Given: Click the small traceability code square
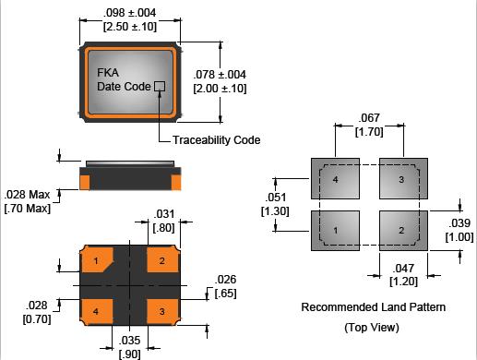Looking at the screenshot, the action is (x=160, y=86).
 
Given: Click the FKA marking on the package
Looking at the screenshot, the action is (x=108, y=73).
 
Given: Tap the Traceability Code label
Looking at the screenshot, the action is (x=217, y=140).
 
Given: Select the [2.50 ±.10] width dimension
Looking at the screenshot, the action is (x=130, y=27).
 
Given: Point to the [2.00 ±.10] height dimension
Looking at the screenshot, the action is (x=220, y=89).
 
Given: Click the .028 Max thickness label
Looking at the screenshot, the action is (x=27, y=195).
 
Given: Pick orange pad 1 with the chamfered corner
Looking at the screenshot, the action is (x=97, y=259).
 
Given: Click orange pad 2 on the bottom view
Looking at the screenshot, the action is (x=163, y=259).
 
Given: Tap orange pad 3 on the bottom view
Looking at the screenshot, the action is (x=163, y=312).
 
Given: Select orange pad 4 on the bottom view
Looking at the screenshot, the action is (x=96, y=312).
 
